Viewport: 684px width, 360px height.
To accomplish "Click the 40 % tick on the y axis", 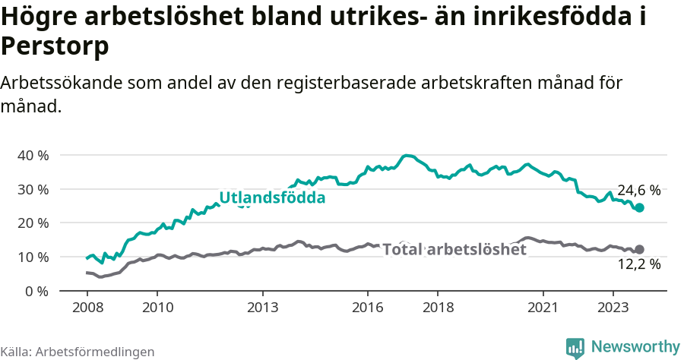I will [33, 155].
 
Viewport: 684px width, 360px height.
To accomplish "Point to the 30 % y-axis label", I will [33, 189].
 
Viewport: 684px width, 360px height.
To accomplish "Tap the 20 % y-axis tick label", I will [33, 223].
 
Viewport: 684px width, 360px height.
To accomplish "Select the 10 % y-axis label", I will [33, 257].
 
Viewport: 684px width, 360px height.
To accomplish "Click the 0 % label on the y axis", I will [36, 291].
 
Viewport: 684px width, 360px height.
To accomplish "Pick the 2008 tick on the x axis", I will [87, 307].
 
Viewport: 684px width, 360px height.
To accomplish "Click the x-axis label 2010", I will [157, 307].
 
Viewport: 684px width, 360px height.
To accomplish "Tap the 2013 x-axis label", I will [262, 307].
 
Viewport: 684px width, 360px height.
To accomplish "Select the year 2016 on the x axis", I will [367, 307].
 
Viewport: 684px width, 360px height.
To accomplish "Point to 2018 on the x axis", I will [438, 307].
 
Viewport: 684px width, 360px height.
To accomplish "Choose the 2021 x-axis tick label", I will [543, 307].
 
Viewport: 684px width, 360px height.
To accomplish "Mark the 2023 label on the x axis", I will [613, 307].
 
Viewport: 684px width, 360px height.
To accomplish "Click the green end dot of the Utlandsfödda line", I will [639, 207].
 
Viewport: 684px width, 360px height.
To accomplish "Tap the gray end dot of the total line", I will [639, 249].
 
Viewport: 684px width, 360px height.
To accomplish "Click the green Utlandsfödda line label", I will [272, 198].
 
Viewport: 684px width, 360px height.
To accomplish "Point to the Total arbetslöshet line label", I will [454, 249].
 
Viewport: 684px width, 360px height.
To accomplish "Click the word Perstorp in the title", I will [55, 46].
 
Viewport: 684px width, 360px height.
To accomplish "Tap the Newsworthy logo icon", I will [575, 347].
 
